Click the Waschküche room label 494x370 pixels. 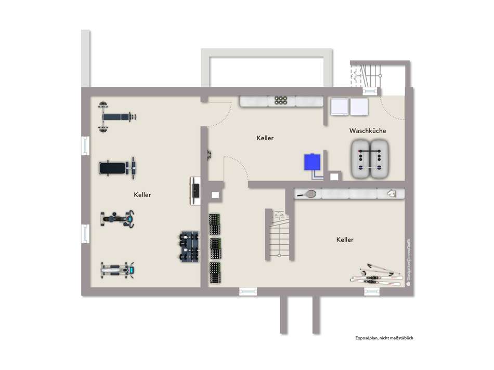(x=368, y=131)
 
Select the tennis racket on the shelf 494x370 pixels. (x=307, y=194)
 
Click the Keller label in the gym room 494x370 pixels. (x=142, y=195)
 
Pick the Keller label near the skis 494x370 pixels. (x=345, y=240)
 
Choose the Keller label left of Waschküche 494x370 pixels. (x=265, y=138)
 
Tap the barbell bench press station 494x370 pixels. (x=118, y=116)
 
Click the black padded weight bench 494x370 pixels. (x=118, y=167)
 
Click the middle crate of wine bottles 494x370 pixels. (x=215, y=248)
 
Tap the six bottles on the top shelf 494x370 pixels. (x=281, y=101)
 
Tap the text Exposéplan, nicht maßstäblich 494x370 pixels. (x=384, y=338)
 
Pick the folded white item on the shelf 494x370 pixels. (x=392, y=194)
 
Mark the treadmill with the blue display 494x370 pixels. (x=118, y=270)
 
